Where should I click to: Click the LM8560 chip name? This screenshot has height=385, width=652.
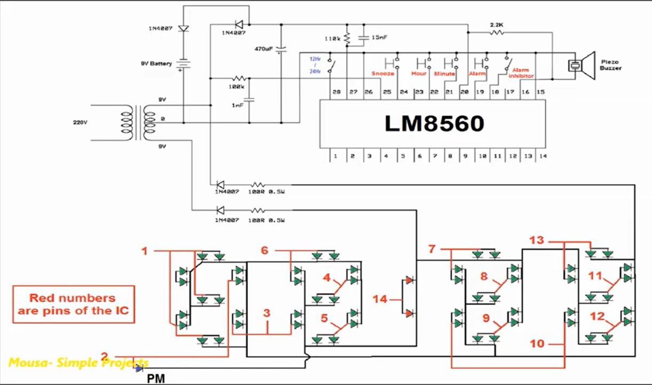point(434,124)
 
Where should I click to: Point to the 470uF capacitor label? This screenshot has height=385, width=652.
point(264,49)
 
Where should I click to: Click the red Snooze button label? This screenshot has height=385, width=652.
point(383,73)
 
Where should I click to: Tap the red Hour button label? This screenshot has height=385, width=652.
point(419,73)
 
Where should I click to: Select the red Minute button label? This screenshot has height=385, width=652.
point(444,73)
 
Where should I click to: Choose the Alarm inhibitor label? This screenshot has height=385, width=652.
point(522,73)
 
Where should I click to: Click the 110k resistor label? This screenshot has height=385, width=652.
point(332,39)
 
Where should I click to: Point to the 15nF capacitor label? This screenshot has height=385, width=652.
point(379,37)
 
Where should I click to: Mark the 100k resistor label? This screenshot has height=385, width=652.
point(236,86)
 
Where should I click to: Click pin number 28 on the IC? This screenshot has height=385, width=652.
point(336,92)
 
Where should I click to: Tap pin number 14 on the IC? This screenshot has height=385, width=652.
point(543,156)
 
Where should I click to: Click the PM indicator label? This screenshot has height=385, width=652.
point(156,379)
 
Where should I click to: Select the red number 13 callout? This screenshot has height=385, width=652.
point(536,240)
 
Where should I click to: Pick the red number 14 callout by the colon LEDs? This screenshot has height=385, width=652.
point(380,299)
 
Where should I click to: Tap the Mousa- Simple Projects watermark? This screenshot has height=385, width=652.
point(78,363)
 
